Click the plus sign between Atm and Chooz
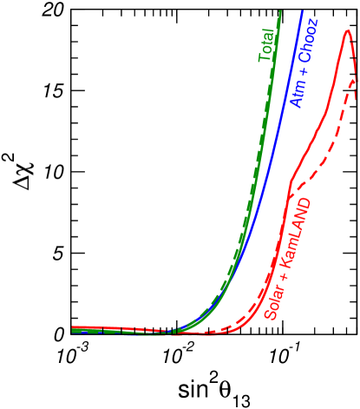(x=299, y=82)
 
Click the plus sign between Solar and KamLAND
(x=279, y=276)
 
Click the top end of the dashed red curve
(x=354, y=79)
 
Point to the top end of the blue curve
(x=302, y=11)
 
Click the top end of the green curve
(x=282, y=11)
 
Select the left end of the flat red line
(x=72, y=328)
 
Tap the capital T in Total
(x=265, y=58)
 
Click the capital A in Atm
(x=297, y=104)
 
